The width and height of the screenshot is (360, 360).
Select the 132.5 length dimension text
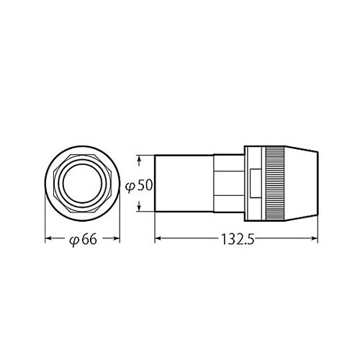(238, 238)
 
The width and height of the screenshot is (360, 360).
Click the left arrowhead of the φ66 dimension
(49, 238)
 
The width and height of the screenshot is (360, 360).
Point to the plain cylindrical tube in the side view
(184, 184)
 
